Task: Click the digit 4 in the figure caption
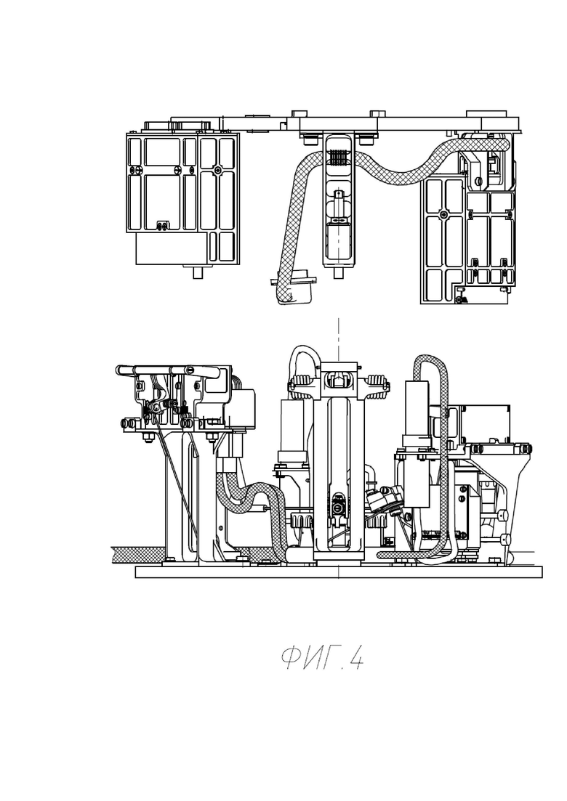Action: point(356,658)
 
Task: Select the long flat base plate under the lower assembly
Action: point(339,572)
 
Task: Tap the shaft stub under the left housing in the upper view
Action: point(197,272)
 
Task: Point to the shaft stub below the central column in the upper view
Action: point(337,273)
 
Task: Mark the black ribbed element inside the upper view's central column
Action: point(338,158)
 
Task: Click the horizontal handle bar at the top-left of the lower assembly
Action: point(168,370)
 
